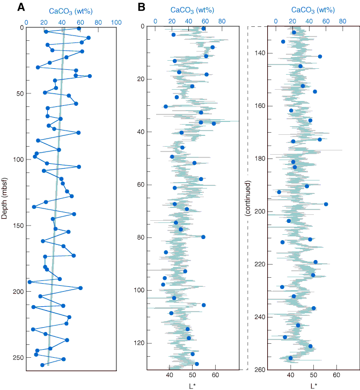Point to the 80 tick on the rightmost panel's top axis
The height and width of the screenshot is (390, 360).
pos(342,21)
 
